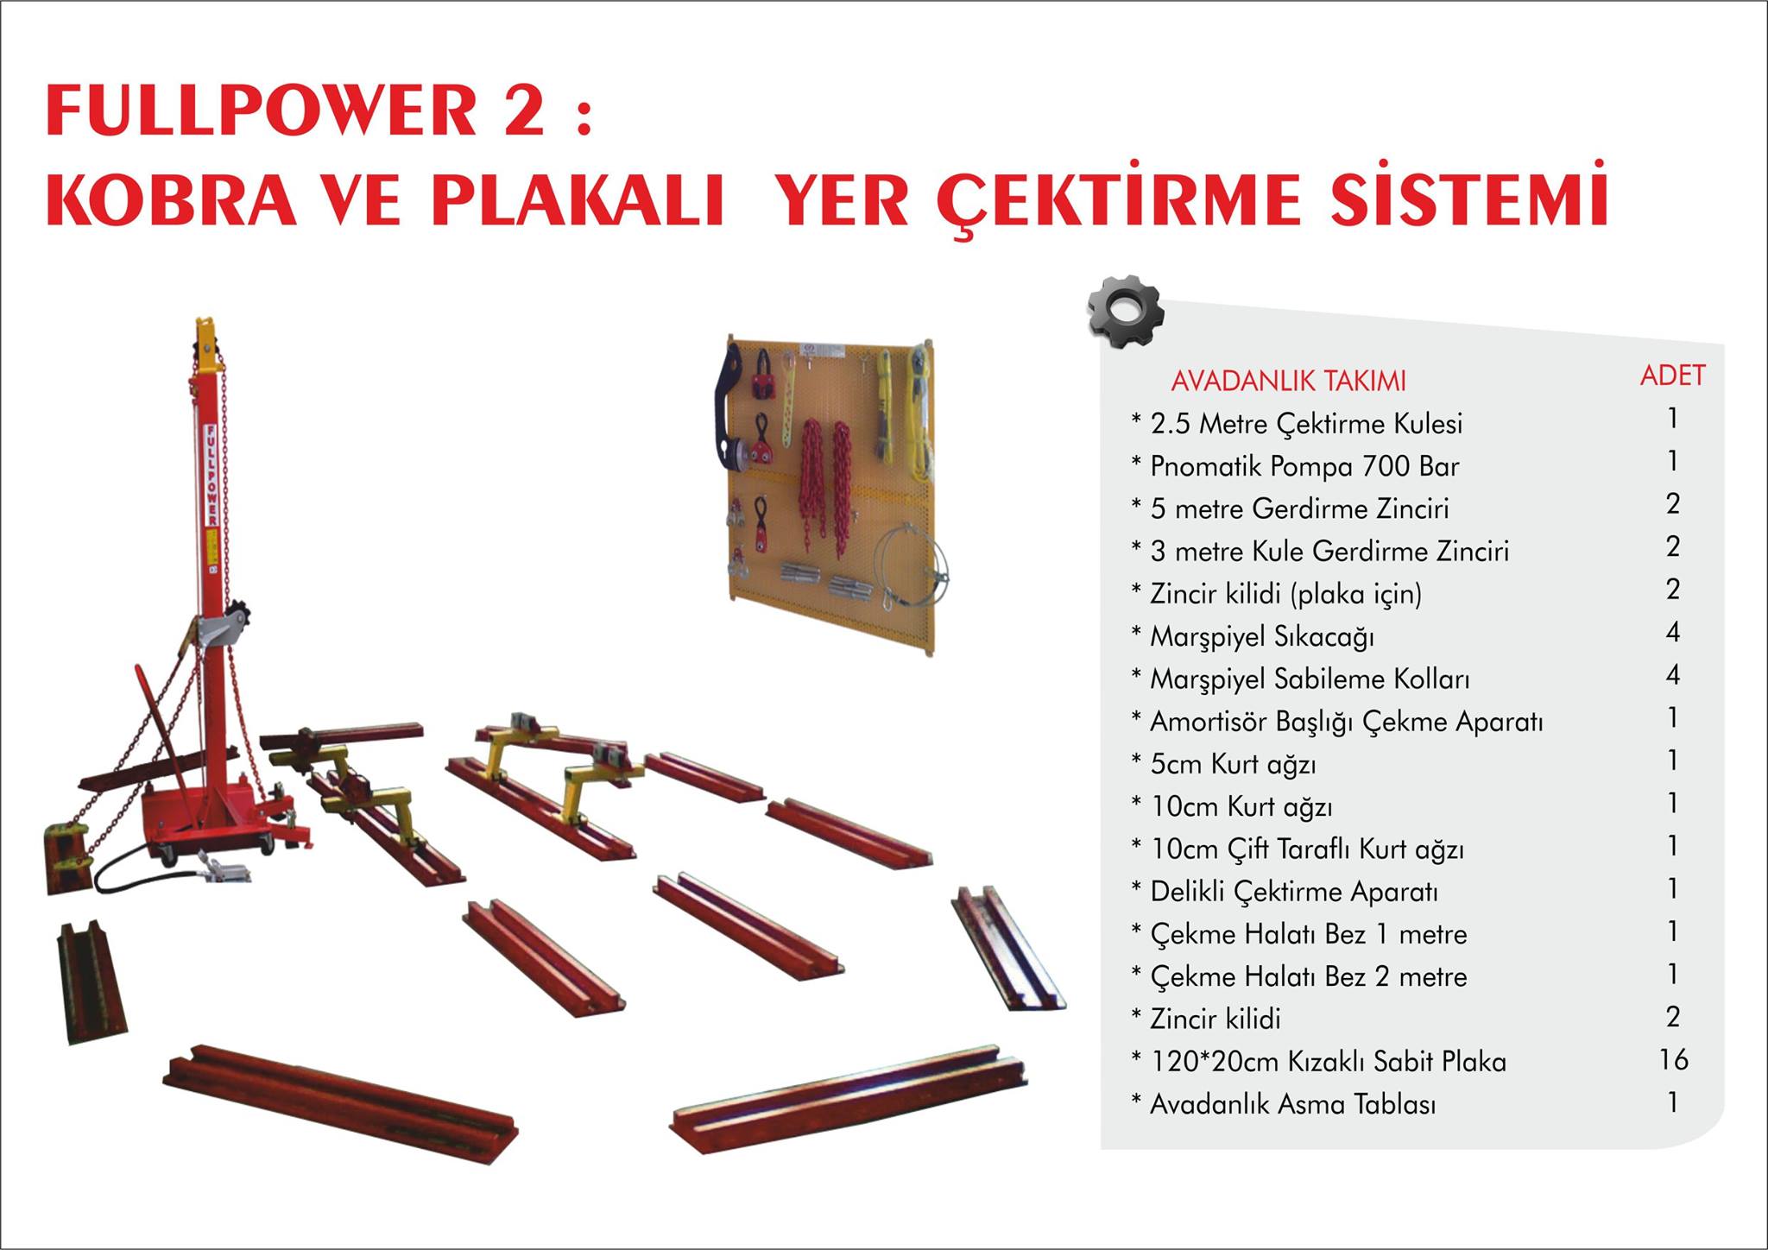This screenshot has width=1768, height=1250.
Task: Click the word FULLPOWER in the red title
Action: coord(261,110)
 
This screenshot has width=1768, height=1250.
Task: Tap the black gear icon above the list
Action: coord(1125,312)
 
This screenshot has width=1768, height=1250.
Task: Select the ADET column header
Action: coord(1672,376)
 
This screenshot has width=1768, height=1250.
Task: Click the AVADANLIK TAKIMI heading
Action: coord(1288,381)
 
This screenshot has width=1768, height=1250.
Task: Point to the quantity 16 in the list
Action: coord(1673,1059)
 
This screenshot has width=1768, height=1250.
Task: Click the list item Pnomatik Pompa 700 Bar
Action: coord(1304,467)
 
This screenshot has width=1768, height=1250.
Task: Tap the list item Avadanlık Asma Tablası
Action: coord(1292,1104)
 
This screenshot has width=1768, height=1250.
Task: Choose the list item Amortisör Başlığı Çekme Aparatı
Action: coord(1346,722)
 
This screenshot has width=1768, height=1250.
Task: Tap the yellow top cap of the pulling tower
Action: coord(207,340)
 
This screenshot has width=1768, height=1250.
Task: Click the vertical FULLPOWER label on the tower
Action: coord(210,475)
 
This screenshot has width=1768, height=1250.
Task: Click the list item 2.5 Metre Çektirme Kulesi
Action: coord(1306,424)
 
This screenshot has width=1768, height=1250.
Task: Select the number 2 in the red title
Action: coord(523,110)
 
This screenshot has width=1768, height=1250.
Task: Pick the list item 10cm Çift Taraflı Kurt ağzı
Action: coord(1307,849)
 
